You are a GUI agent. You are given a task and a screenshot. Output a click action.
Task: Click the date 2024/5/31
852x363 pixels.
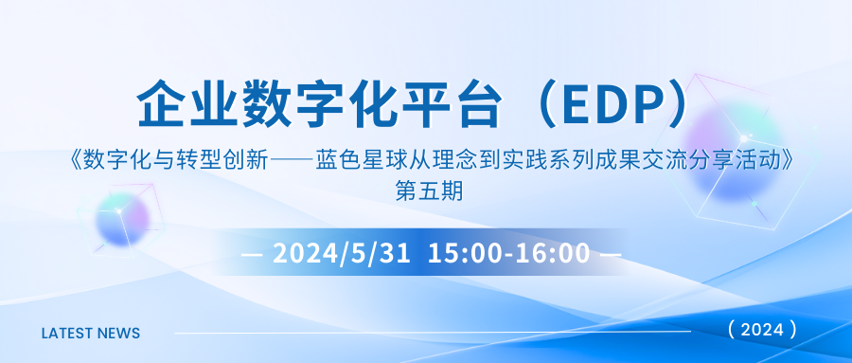(342, 254)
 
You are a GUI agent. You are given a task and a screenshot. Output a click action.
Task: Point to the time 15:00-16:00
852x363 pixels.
(508, 254)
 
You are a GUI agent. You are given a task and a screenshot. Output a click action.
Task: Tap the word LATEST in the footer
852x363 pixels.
(68, 334)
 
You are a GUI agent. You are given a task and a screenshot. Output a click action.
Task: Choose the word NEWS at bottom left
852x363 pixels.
(119, 334)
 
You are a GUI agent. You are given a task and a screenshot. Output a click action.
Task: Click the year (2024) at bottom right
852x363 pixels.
(762, 330)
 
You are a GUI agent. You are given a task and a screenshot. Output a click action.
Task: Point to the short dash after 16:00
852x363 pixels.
(611, 255)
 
